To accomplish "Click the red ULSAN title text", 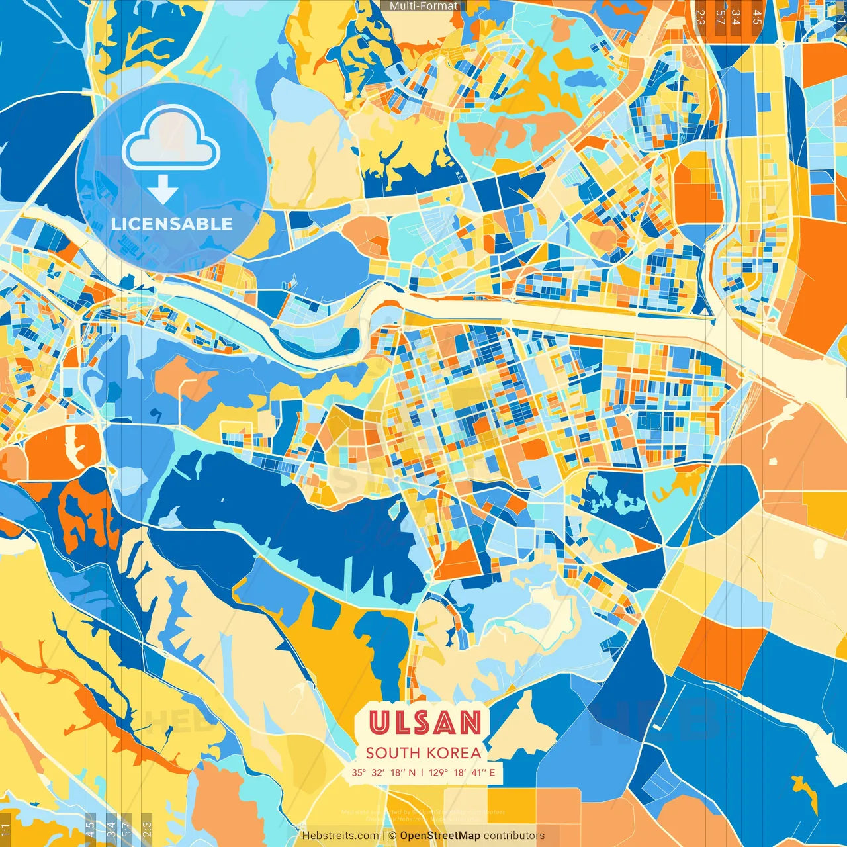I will [x=424, y=722].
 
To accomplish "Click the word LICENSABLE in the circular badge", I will [x=171, y=224].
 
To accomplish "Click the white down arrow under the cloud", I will [x=162, y=193].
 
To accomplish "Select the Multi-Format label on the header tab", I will [x=423, y=6].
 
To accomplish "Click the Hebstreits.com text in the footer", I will [x=340, y=836].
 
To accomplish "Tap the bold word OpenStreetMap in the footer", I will [x=440, y=836].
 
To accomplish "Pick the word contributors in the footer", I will [x=514, y=836].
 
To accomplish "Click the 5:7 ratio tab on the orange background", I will [x=719, y=17].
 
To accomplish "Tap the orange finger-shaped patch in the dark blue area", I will [x=86, y=516].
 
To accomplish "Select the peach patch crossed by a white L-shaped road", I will [x=185, y=380].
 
